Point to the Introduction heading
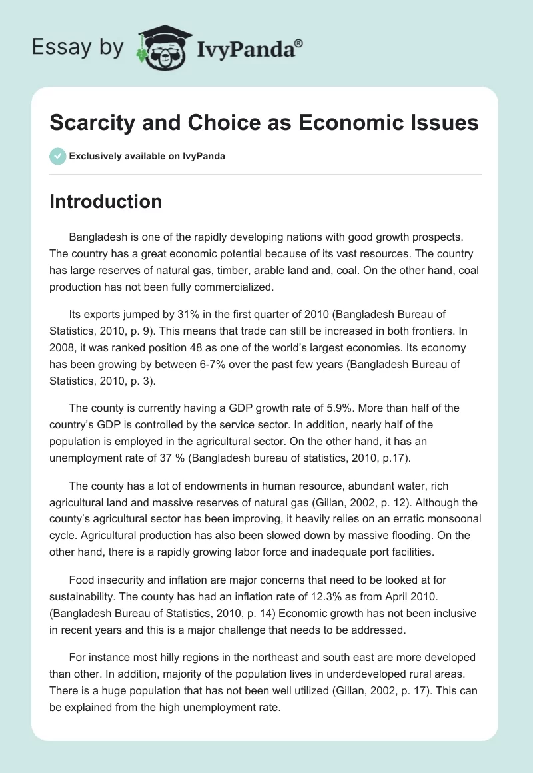pyautogui.click(x=105, y=201)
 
